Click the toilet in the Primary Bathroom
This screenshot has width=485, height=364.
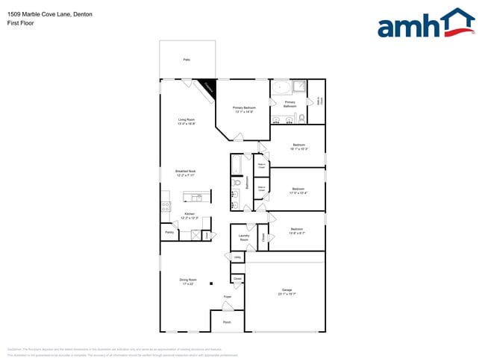pos(301,118)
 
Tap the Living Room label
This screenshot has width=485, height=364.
pos(186,121)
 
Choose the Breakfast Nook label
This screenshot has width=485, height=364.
pos(186,172)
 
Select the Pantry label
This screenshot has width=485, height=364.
pos(169,233)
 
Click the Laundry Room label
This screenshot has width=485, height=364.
pos(244,237)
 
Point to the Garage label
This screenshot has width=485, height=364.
pos(287,292)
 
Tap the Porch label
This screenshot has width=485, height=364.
pos(227,322)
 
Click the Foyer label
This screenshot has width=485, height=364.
pos(228,297)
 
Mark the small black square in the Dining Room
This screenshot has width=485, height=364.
pos(211,283)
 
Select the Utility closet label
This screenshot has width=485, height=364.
pos(237,257)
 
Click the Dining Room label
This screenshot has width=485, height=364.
pos(188,283)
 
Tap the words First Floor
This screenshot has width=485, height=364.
pos(21,23)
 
